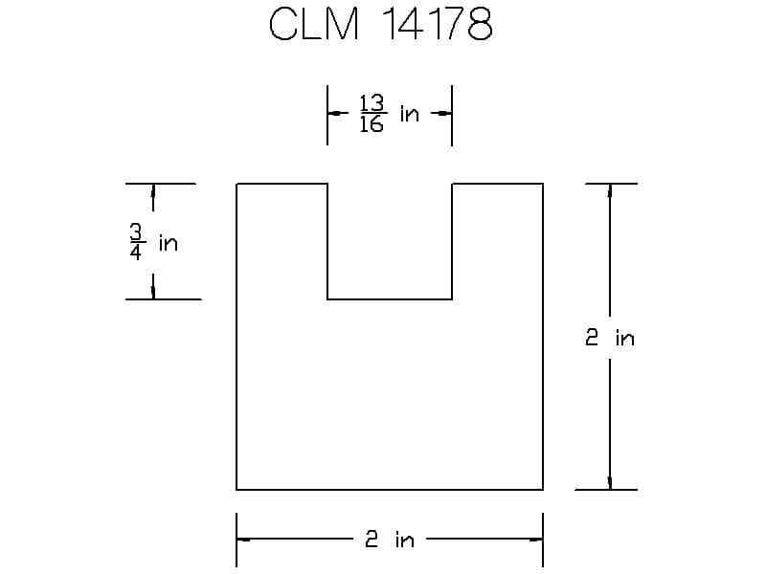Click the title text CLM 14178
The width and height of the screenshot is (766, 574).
point(381,26)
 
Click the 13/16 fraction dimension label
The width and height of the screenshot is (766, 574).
point(372,114)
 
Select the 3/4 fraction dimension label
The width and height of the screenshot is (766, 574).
point(137,243)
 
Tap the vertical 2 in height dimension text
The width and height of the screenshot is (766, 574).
point(610,338)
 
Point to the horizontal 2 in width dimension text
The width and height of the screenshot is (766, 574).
point(390,540)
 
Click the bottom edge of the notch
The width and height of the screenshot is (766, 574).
point(390,299)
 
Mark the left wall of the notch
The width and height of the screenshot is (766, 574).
point(327,241)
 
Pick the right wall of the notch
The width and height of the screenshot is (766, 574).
point(452,241)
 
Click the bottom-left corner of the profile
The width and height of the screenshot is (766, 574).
point(237,489)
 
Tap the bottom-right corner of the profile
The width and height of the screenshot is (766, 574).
point(543,489)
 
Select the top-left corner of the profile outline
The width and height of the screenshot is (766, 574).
point(237,183)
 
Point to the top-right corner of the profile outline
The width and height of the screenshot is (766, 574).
point(543,183)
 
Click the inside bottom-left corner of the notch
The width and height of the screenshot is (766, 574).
point(327,299)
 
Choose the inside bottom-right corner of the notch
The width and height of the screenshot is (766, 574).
point(452,299)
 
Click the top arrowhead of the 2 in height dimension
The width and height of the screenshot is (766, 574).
point(610,190)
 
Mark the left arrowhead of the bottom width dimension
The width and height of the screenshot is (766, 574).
point(244,540)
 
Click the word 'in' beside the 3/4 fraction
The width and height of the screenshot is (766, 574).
point(169,243)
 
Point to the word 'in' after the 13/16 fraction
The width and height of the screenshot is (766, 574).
point(410,115)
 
